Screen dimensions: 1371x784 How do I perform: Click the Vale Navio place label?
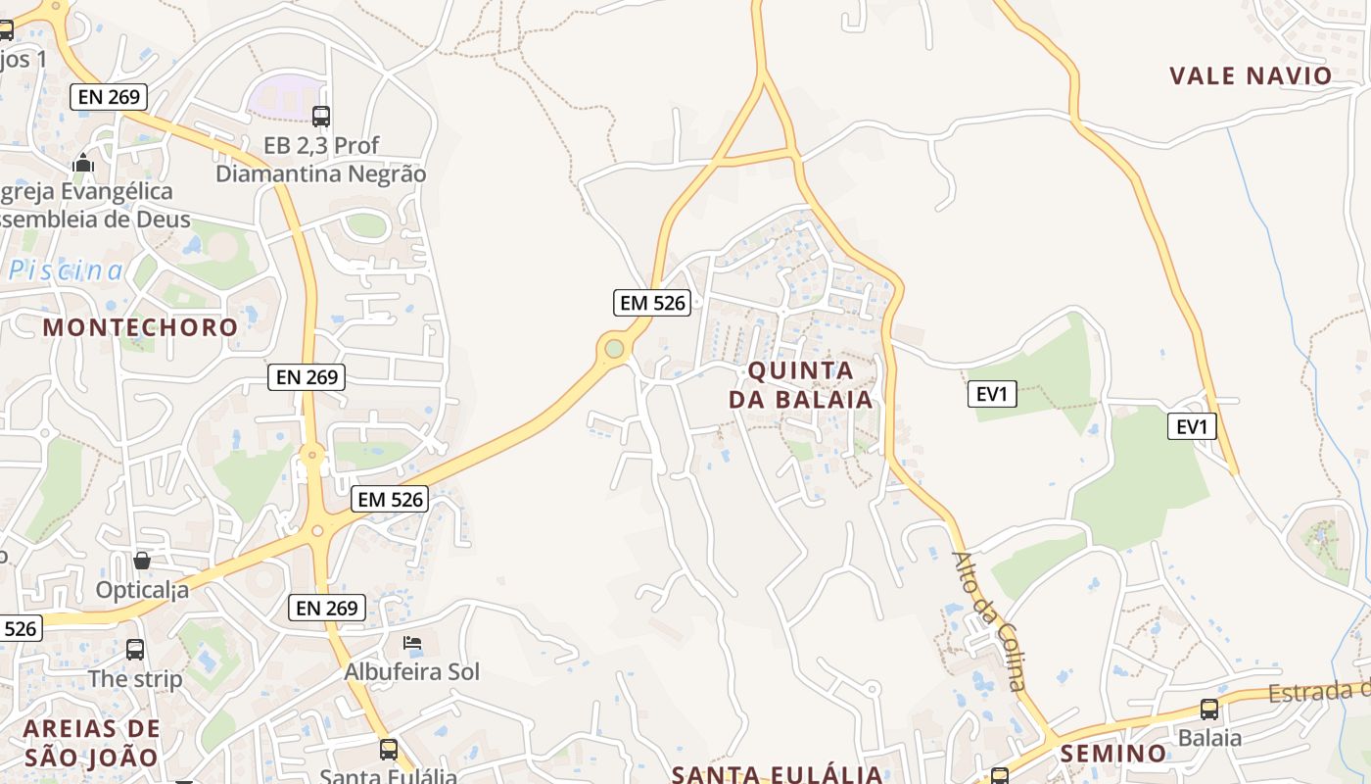coord(1251,76)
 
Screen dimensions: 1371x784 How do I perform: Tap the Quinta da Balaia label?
coord(801,385)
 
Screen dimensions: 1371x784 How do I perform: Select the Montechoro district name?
coord(140,327)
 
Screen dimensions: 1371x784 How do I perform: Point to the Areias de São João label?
coord(91,743)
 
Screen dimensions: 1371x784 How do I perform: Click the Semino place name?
coord(1113,754)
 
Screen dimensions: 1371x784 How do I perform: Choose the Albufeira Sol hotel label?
coord(411,672)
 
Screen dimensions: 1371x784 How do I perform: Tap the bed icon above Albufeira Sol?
coord(412,644)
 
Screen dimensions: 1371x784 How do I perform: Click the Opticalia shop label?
coord(142,590)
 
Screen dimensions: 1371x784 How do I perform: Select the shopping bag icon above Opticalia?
coord(142,561)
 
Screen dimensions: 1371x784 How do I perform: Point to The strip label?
coord(135,678)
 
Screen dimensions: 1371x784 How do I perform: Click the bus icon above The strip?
coord(135,649)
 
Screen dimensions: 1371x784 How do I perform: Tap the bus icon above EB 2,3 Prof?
coord(321,117)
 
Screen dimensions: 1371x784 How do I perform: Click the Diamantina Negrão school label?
coord(321,173)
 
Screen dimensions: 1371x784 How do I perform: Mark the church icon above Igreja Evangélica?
coord(83,163)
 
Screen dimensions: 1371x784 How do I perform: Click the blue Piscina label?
coord(67,270)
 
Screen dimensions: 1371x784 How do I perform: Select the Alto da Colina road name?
coord(989,621)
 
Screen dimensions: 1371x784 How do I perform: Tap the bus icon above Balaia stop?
coord(1209,710)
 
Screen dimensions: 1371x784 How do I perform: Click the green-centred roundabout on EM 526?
coord(614,348)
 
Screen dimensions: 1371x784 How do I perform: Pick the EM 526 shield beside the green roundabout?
coord(652,303)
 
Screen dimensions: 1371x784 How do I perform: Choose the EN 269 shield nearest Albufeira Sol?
coord(328,608)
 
